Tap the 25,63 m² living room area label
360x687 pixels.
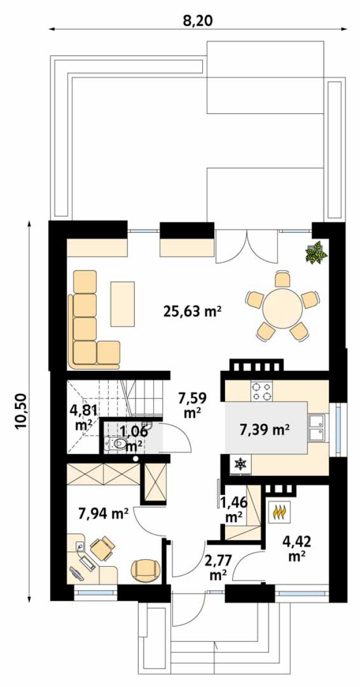tap(193, 312)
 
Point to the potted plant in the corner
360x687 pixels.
tap(316, 251)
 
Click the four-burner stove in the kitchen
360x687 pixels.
tap(262, 391)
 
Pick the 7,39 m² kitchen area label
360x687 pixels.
tap(265, 430)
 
